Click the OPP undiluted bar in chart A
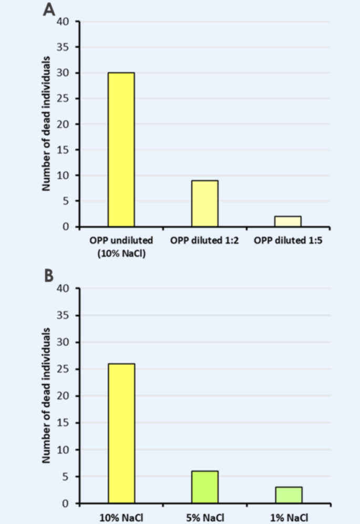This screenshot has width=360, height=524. [x=121, y=150]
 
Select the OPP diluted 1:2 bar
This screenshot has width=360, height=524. [x=204, y=203]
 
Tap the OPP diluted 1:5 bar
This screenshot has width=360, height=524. [x=287, y=221]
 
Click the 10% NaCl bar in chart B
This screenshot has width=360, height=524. [x=121, y=434]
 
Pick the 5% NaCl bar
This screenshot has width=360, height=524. [x=204, y=487]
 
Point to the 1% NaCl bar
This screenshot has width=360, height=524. [x=288, y=495]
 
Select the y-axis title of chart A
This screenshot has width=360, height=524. [x=46, y=124]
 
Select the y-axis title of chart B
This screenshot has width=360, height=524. [x=46, y=395]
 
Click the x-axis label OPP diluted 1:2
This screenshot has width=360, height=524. [x=204, y=240]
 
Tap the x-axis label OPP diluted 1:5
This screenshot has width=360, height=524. [x=287, y=240]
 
